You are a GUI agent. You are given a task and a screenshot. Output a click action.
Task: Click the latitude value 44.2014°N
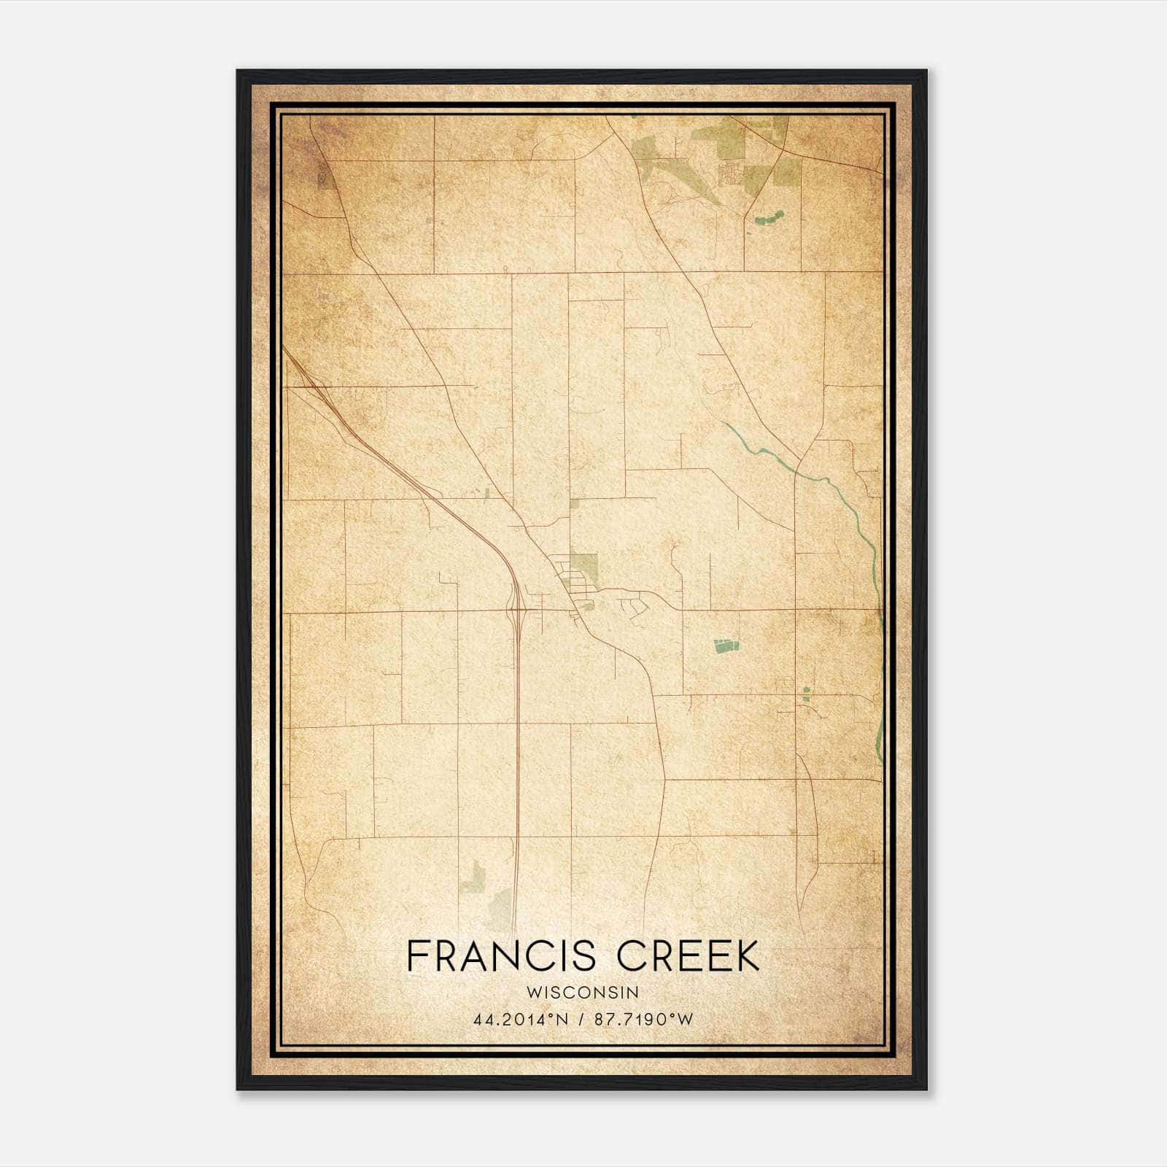tap(519, 1020)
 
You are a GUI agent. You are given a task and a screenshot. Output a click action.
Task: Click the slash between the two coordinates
tap(581, 1020)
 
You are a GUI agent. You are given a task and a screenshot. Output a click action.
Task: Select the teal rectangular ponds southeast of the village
tap(726, 645)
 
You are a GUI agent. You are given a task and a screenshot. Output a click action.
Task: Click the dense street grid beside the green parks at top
tap(729, 174)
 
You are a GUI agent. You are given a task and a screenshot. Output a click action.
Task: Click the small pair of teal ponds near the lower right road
tap(806, 694)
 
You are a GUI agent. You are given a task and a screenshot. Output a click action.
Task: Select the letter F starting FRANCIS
tap(417, 956)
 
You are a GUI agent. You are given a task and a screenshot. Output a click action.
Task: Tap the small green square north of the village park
tap(574, 503)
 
